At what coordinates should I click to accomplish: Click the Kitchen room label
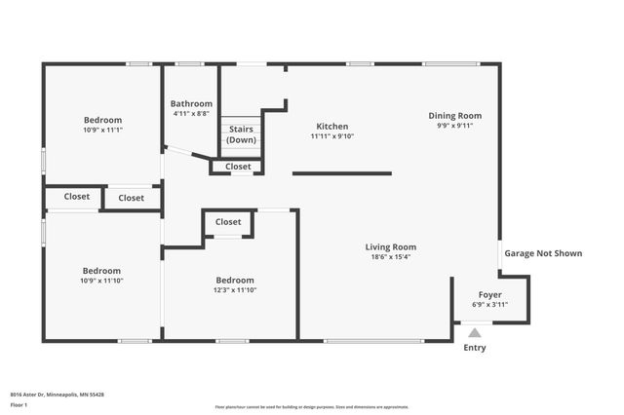coord(331,126)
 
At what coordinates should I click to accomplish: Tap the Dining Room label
coord(455,116)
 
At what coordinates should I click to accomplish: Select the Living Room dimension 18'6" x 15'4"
coord(391,257)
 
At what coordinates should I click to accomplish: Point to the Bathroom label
coord(191,103)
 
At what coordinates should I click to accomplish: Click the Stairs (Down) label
coord(241,134)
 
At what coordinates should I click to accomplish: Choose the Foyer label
coord(489,294)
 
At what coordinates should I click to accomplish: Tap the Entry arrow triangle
coord(475,333)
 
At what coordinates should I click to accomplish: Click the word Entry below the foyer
coord(475,348)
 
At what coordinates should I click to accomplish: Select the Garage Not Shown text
coord(543,253)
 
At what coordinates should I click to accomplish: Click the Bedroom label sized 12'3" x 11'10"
coord(235,280)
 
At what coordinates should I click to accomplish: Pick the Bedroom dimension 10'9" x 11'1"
coord(102,130)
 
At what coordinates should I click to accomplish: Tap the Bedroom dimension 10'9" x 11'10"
coord(101,281)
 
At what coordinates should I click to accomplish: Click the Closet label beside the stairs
coord(238,167)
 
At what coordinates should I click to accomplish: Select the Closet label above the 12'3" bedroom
coord(228,222)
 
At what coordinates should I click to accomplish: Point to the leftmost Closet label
coord(77,197)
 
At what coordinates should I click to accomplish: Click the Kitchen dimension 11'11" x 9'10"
coord(331,136)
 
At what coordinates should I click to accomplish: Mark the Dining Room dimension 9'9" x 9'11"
coord(455,126)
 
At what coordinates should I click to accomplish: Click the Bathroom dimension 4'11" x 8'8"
coord(191,114)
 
